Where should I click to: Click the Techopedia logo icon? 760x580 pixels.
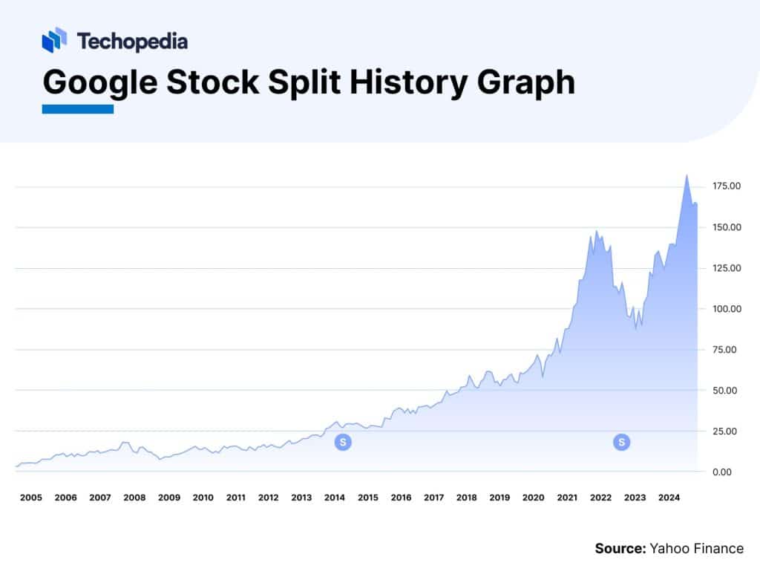coord(54,40)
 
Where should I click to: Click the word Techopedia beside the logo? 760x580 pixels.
coord(132,42)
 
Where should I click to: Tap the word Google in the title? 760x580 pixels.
coord(100,82)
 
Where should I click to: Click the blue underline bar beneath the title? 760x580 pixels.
coord(77,109)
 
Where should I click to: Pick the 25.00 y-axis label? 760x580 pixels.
coord(727,431)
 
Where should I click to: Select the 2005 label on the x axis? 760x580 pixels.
coord(30,498)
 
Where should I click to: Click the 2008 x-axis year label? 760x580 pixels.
coord(134,498)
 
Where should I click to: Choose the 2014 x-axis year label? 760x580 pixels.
coord(335,498)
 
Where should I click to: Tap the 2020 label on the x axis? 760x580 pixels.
coord(534,498)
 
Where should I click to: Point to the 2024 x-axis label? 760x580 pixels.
coord(668,498)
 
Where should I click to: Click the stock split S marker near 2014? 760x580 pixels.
coord(342,443)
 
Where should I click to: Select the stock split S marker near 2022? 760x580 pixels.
coord(621,443)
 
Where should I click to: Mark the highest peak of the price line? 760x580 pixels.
coord(687,175)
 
